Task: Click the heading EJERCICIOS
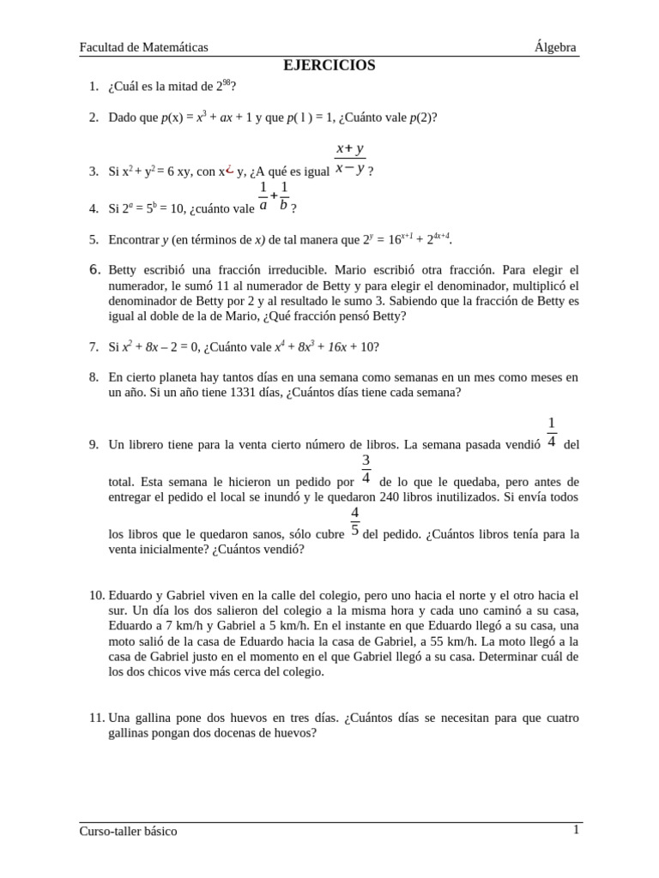point(329,66)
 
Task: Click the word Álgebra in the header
point(555,47)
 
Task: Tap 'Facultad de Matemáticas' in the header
point(143,47)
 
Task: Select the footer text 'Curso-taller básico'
point(128,831)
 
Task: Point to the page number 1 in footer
point(577,830)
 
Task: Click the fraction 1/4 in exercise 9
point(552,433)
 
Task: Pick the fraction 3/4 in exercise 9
point(366,470)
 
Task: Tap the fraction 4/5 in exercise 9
point(354,521)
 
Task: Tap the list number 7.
point(94,347)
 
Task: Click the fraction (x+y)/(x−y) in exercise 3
point(349,159)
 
